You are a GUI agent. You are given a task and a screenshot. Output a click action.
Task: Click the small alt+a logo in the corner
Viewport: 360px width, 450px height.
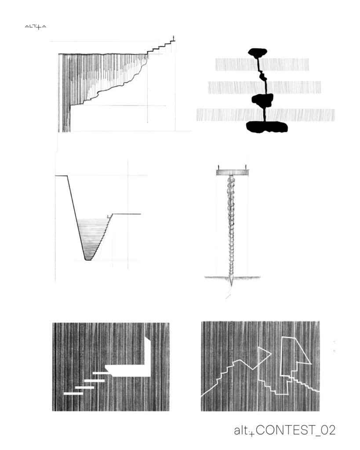(35, 27)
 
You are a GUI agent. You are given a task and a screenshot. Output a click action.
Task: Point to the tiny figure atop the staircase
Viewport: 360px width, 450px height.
(173, 38)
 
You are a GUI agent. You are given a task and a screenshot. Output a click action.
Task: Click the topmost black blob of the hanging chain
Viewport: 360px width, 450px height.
(258, 53)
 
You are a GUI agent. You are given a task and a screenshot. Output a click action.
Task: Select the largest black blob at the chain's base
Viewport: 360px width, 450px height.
(267, 127)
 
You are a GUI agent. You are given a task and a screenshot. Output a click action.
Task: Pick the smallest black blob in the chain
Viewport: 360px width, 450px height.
(263, 76)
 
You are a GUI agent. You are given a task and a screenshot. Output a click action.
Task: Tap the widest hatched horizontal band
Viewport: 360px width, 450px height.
(265, 115)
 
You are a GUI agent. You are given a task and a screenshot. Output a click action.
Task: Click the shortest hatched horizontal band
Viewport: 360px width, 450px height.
(262, 65)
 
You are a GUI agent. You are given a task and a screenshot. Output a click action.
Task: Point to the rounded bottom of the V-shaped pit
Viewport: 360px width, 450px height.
(88, 259)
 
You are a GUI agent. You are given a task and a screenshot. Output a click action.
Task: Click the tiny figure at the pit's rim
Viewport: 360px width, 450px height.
(108, 216)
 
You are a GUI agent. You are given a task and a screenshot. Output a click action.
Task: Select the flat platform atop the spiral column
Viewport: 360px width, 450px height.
(232, 172)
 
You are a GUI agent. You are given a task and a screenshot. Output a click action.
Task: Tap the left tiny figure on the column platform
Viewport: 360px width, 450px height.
(218, 167)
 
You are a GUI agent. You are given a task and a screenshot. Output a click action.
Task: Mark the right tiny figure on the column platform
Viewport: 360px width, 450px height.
(246, 167)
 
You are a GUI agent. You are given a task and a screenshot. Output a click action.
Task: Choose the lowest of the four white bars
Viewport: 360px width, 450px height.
(73, 393)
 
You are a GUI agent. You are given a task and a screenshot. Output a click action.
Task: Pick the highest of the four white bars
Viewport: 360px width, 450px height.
(101, 374)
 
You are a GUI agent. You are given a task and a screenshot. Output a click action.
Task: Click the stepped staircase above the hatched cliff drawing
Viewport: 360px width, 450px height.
(161, 47)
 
